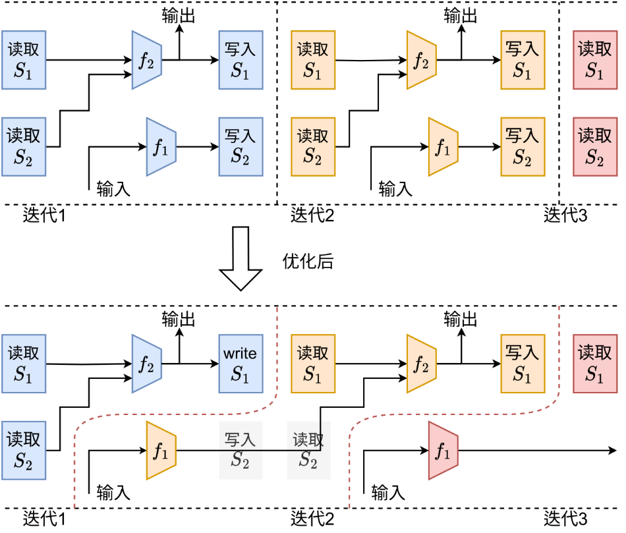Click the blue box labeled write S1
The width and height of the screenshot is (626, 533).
point(240,364)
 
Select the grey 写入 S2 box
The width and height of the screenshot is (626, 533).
point(241,451)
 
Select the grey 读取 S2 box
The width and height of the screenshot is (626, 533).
point(308,451)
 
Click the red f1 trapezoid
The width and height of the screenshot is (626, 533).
point(443,451)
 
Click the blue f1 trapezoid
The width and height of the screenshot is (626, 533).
point(161,147)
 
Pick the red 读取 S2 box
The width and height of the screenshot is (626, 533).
point(595,147)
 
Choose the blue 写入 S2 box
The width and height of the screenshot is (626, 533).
point(241,146)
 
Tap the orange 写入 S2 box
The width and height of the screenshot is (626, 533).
point(523,147)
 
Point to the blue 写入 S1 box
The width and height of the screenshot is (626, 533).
point(241,59)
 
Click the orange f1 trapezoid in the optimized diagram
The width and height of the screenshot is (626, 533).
point(161,451)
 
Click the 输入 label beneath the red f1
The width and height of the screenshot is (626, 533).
point(388,492)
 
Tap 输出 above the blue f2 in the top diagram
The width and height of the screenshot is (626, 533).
point(179,15)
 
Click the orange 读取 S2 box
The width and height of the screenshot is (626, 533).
point(314,147)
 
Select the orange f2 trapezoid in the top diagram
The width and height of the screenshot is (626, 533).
point(422,60)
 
